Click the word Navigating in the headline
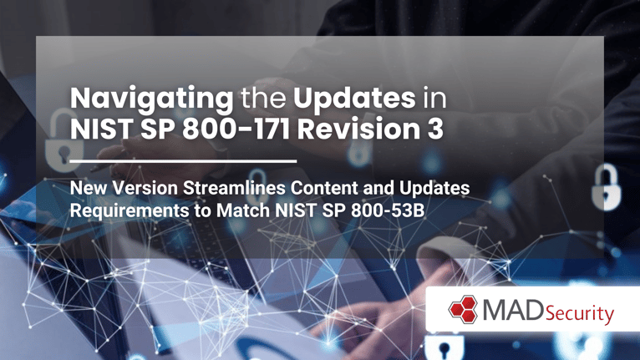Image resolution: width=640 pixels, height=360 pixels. [151, 99]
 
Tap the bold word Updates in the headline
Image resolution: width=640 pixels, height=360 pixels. [354, 99]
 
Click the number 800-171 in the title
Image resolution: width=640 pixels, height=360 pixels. [236, 129]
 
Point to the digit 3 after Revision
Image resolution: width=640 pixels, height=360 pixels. [435, 129]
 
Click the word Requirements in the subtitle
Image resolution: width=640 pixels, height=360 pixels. [130, 211]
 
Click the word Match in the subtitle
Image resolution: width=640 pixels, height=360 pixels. [243, 210]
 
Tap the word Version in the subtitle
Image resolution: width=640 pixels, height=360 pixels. [145, 188]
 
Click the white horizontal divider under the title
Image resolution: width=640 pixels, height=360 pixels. [183, 161]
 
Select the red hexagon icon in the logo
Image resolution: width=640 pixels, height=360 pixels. [463, 309]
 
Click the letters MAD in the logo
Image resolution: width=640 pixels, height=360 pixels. [513, 310]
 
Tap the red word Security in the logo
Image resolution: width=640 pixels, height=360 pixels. [579, 313]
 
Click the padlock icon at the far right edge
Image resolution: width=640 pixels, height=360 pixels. [607, 187]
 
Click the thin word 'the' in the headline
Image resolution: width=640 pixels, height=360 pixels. [263, 99]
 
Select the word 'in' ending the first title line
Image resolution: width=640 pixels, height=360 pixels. [434, 99]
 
